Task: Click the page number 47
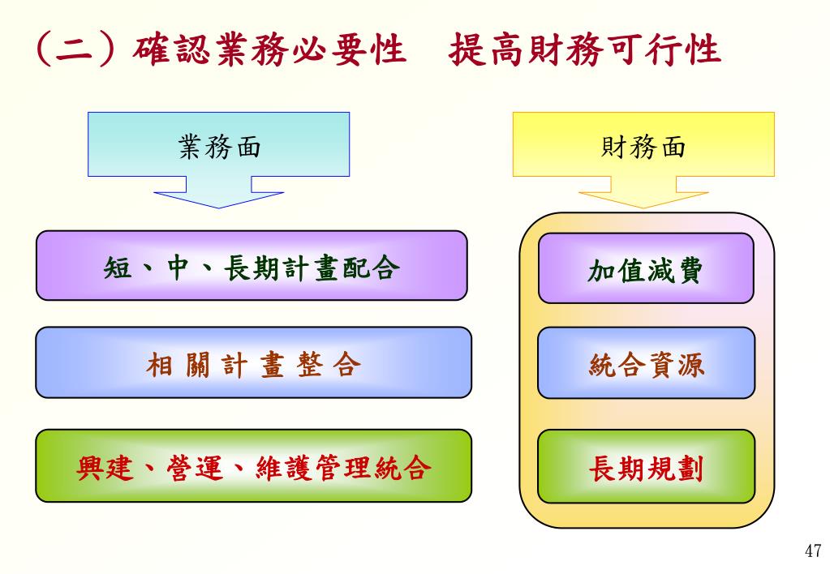(x=813, y=552)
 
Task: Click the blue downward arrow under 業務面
(x=219, y=195)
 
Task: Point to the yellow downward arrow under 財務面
(x=643, y=195)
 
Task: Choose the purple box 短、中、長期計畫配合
(x=252, y=265)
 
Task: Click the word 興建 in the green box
(x=105, y=467)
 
